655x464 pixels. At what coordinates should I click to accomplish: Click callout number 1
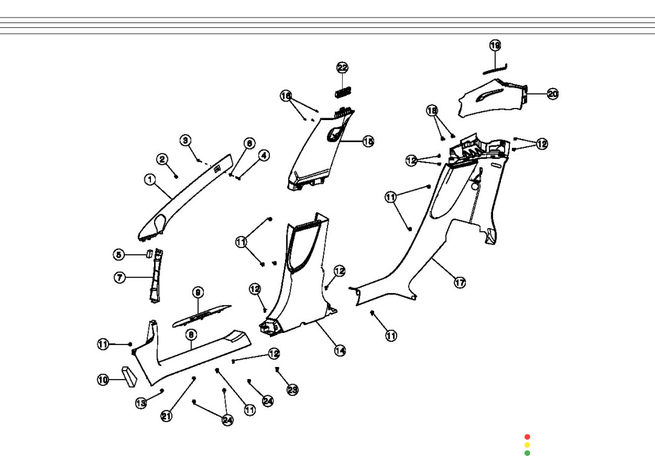tap(149, 180)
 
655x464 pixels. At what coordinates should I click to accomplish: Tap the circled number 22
tap(343, 68)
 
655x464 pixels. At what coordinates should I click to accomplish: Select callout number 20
tap(553, 94)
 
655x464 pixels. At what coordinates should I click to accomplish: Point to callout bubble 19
tap(495, 45)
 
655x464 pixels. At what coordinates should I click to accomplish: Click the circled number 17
tap(460, 283)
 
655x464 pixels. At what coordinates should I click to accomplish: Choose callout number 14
tap(340, 351)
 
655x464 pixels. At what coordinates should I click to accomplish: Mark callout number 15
tap(368, 141)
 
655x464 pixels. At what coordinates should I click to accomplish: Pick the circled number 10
tap(103, 380)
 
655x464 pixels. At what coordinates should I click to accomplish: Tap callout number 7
tap(120, 278)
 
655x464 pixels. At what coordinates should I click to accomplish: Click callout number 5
tap(119, 255)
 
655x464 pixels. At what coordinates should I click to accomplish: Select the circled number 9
tap(198, 292)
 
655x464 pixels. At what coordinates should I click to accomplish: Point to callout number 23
tap(292, 390)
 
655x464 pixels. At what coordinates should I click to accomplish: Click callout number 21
tap(166, 416)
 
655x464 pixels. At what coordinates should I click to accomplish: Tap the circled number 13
tap(141, 403)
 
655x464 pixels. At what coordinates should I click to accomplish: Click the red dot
tap(527, 437)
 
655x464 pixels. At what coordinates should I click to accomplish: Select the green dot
tap(527, 453)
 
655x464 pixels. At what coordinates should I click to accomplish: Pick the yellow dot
tap(527, 445)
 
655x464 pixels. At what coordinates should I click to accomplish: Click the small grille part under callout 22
tap(343, 92)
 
